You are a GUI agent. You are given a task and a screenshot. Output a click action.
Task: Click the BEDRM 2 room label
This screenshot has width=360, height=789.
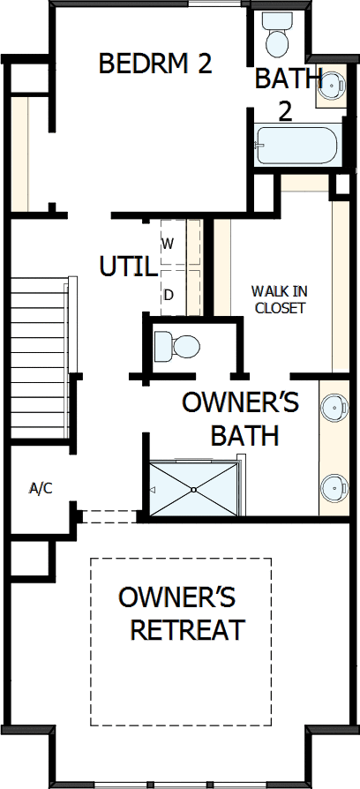[x=155, y=64]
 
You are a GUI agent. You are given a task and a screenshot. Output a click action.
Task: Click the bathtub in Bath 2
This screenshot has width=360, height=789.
[x=295, y=146]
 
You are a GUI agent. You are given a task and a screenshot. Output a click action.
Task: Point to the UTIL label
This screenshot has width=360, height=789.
[x=128, y=267]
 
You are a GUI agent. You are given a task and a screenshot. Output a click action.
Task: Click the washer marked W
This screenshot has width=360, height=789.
[x=169, y=242]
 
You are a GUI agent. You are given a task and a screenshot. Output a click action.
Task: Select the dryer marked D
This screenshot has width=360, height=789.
[x=169, y=295]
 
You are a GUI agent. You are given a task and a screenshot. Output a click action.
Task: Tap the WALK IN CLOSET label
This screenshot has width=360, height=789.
[x=278, y=299]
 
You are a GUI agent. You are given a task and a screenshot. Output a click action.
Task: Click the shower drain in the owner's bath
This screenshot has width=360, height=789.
[x=193, y=489]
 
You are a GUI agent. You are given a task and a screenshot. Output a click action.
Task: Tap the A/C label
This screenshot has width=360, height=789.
[x=41, y=488]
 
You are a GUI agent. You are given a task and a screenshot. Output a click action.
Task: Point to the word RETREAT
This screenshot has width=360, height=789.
[x=186, y=630]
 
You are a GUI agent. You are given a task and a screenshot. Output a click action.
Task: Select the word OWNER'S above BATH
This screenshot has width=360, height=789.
[x=240, y=402]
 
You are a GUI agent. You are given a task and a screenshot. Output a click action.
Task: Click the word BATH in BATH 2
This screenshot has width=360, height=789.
[x=288, y=79]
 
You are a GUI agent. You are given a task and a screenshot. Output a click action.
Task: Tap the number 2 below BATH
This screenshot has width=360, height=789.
[x=285, y=111]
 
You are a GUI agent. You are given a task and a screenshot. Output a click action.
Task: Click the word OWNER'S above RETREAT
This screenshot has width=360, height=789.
[x=176, y=597]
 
